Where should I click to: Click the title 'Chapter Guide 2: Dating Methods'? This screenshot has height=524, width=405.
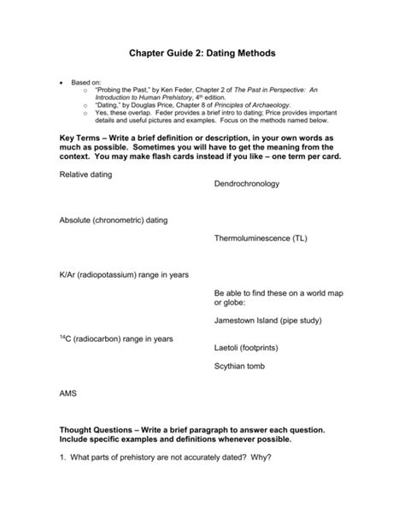pos(202,53)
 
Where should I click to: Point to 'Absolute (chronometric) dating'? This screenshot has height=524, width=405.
pos(114,220)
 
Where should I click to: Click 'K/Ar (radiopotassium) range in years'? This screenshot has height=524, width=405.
pos(124,274)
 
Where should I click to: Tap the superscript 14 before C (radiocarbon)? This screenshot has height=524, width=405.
pos(62,337)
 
